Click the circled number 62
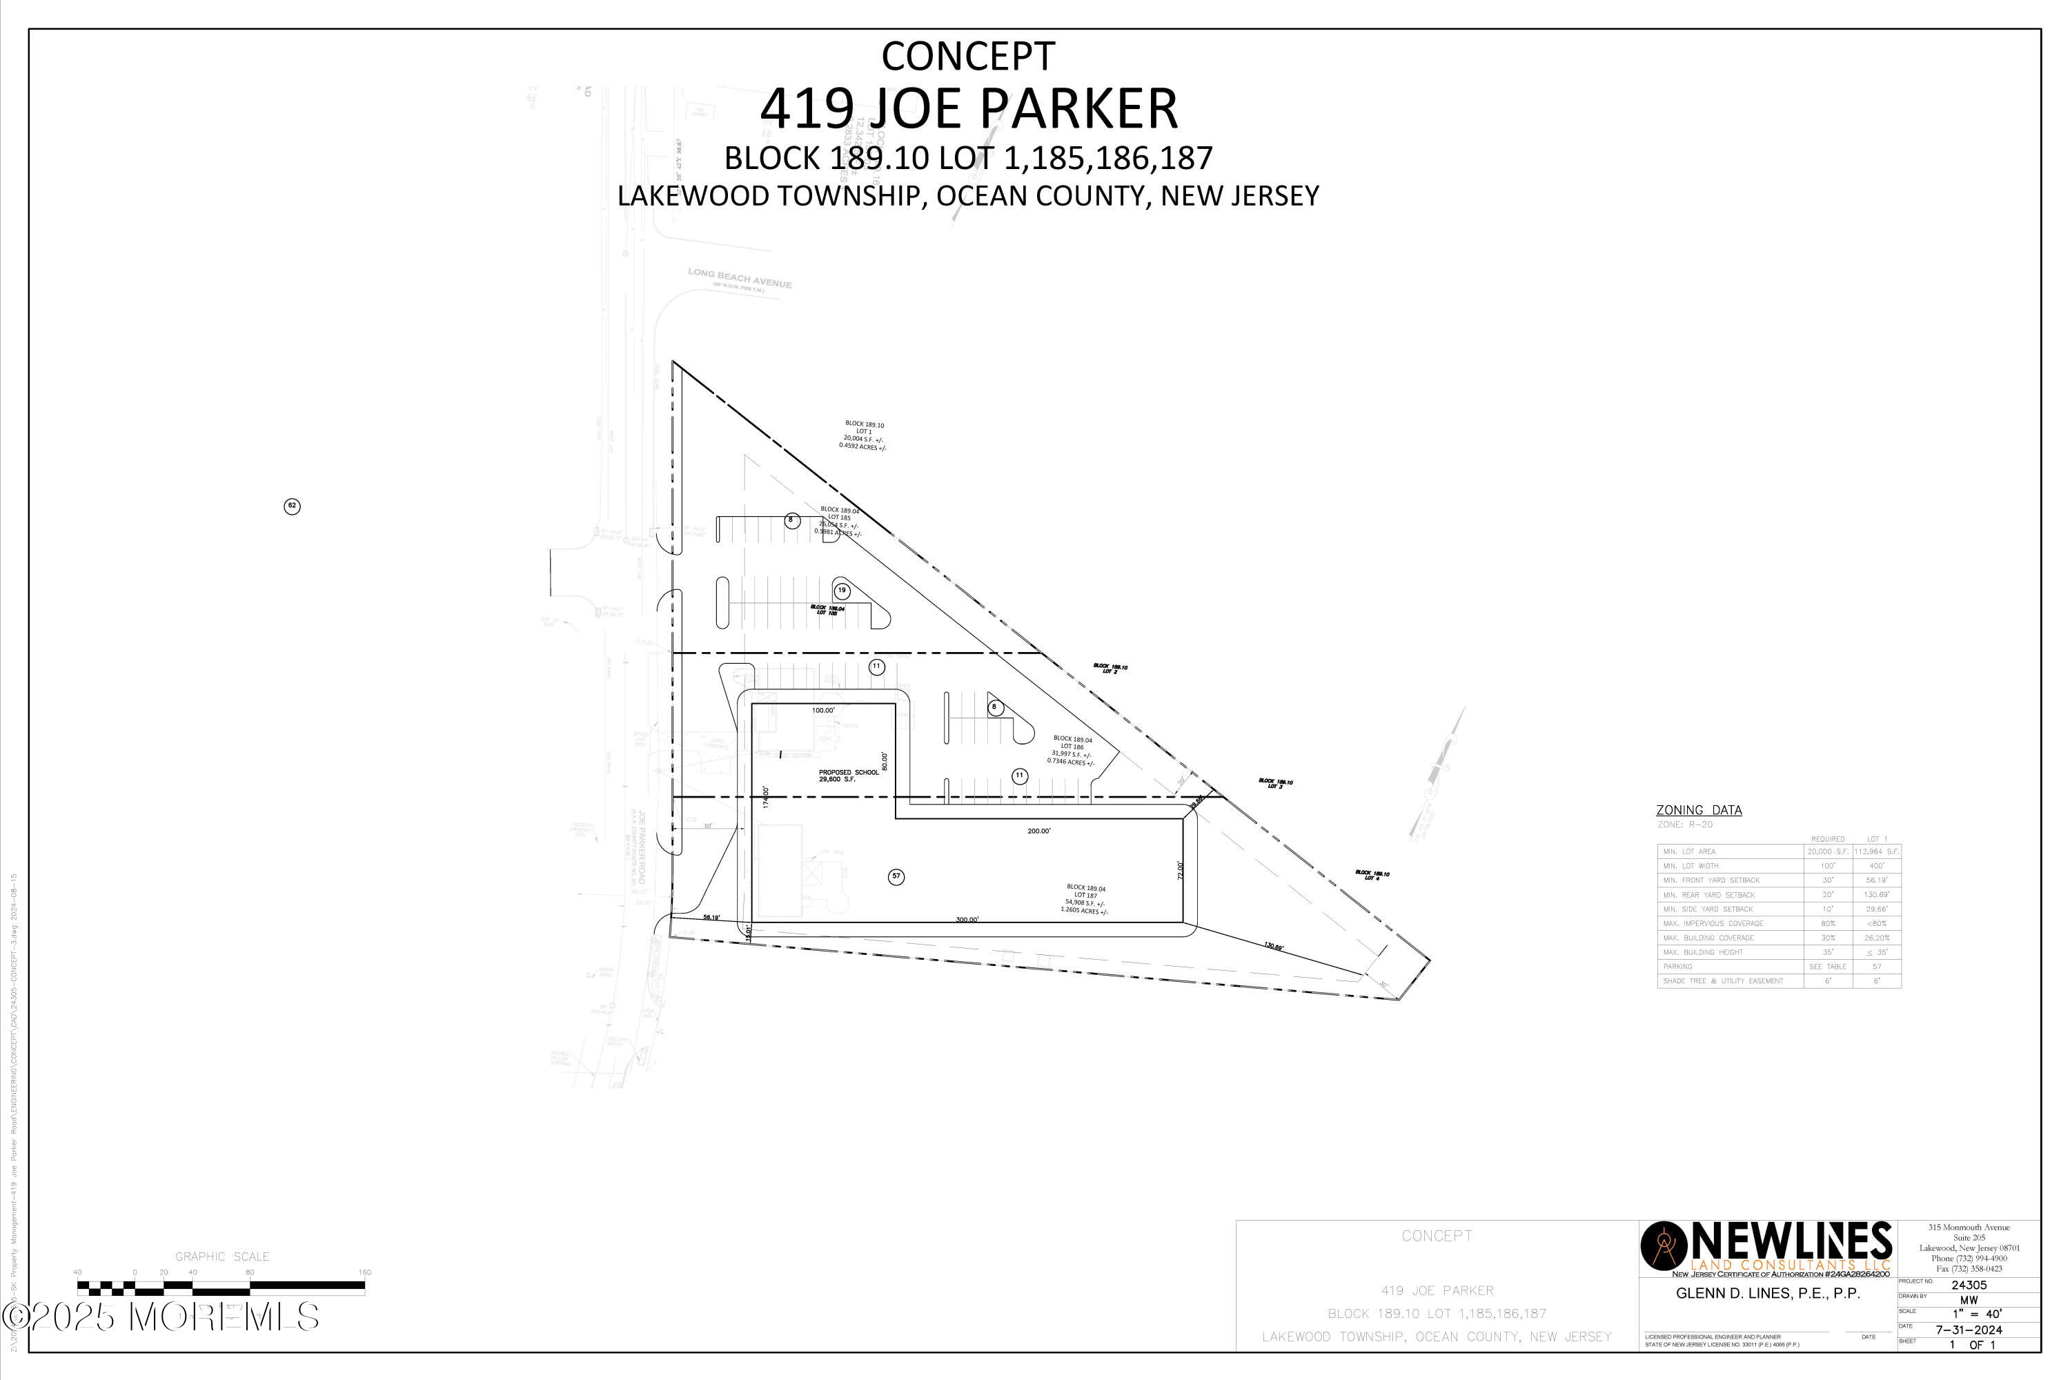292,506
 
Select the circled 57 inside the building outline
896,876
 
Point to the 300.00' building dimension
967,920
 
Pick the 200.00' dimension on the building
1038,831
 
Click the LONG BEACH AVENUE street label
739,278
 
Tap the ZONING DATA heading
1699,809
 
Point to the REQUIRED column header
1827,839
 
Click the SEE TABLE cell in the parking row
1827,967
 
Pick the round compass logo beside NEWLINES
1664,1246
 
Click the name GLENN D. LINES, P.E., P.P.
1767,1293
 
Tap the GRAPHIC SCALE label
221,1256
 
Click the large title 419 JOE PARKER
968,108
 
